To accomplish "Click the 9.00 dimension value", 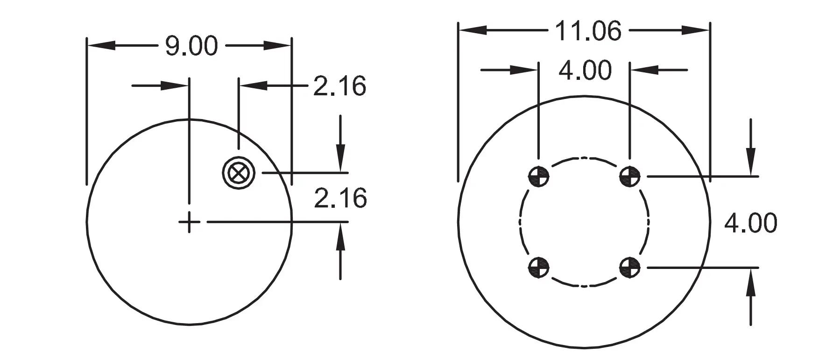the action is tap(191, 46).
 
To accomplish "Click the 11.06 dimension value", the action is tap(588, 31).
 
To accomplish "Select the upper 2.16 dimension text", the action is tap(339, 86).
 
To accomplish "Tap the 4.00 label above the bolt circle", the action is tap(585, 70).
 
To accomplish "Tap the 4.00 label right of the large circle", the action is tap(750, 223).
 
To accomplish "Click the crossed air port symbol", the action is tap(239, 173).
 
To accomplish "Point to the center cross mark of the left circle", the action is tap(189, 222).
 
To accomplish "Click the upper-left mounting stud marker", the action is tap(538, 176).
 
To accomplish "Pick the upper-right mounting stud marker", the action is tap(630, 176).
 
